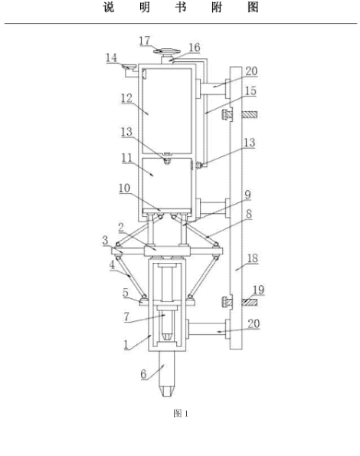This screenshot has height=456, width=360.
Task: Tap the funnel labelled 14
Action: pos(129,67)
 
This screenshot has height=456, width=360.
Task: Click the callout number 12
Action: pos(126,98)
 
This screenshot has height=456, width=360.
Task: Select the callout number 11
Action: pos(126,158)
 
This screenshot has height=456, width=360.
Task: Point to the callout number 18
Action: pos(253,258)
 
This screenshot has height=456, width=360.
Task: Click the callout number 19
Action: pos(258,290)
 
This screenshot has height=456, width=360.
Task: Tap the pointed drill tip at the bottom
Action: pos(168,392)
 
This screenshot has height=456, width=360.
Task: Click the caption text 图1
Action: pos(181,413)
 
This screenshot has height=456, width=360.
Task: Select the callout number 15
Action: pos(250,91)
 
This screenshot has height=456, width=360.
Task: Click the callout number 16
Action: pos(195,48)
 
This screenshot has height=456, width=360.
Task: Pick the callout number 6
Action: pos(143,374)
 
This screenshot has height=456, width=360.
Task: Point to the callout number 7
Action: pos(126,317)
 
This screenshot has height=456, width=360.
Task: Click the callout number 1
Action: pos(126,345)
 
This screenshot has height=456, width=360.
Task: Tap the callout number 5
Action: pos(125,293)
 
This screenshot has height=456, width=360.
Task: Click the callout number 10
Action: pos(124,189)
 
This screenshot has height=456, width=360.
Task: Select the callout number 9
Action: pos(247,195)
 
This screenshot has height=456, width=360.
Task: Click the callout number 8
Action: pos(249,214)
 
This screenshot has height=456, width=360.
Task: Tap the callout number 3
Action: pos(105,241)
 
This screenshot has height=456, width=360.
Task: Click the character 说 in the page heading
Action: pos(109,7)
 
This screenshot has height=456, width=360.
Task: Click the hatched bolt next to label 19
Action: pos(249,303)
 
